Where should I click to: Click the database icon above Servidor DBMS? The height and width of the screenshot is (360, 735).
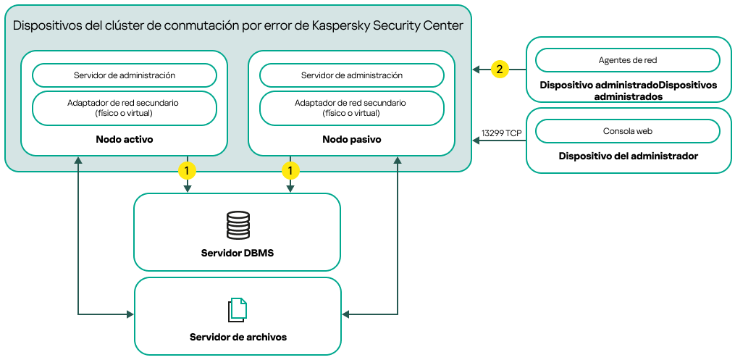(x=238, y=225)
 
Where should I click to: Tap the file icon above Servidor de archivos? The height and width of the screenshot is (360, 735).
(x=238, y=310)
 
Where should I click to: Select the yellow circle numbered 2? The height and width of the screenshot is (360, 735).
(x=499, y=70)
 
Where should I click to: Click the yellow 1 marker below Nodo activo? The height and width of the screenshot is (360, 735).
(x=188, y=171)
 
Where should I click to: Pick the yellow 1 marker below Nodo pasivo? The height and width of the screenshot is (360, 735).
(x=290, y=171)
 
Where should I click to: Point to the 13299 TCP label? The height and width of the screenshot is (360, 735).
(x=501, y=133)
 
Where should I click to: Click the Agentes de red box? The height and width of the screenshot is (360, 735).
(x=628, y=59)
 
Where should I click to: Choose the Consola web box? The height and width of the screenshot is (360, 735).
(x=628, y=131)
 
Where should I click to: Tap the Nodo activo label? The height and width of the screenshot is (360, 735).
(x=125, y=138)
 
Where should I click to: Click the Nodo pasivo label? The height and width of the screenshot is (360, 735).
(x=352, y=138)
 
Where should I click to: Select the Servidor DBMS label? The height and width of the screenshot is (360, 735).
(x=238, y=253)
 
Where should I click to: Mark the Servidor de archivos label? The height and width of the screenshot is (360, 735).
(x=238, y=338)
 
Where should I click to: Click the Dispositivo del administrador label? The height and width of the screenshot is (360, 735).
(x=629, y=156)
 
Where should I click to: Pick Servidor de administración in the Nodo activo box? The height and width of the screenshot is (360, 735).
(x=125, y=75)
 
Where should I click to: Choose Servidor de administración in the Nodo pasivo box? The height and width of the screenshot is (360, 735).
(x=352, y=75)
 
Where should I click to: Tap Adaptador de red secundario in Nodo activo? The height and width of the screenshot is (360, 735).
(x=125, y=108)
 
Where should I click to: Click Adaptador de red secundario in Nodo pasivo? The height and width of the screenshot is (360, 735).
(x=352, y=108)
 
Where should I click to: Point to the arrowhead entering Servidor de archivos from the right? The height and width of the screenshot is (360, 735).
(x=346, y=314)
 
